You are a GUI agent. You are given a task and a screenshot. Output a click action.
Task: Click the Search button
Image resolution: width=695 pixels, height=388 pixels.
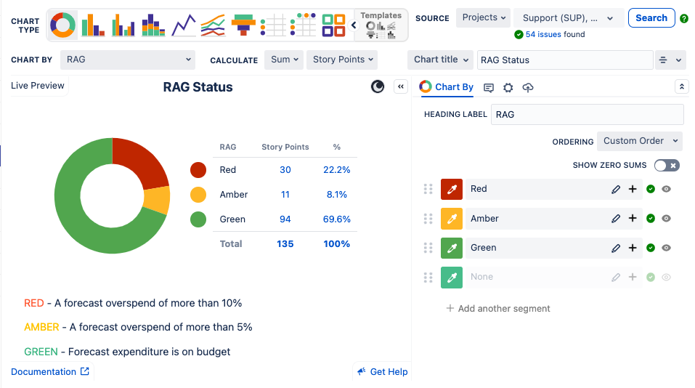click(x=651, y=18)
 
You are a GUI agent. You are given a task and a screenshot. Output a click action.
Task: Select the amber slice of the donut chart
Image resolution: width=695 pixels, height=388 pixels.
click(x=156, y=200)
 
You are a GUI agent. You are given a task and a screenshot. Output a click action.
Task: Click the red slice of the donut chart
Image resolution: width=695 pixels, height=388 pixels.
click(x=141, y=159)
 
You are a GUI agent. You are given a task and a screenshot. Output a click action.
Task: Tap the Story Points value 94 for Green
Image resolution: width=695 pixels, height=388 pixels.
click(x=285, y=219)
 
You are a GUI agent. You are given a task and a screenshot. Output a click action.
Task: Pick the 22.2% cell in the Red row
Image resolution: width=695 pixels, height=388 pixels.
click(x=337, y=170)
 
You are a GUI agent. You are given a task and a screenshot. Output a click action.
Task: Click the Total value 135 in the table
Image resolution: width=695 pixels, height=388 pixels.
click(x=285, y=244)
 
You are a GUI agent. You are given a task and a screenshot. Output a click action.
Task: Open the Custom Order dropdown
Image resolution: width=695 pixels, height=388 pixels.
click(x=639, y=141)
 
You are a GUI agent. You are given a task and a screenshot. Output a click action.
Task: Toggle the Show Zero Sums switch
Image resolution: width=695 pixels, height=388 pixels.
click(x=667, y=166)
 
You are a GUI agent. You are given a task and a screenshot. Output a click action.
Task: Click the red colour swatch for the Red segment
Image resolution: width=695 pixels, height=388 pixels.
click(x=452, y=189)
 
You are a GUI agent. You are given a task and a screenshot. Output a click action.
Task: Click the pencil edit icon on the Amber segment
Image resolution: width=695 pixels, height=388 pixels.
click(x=616, y=219)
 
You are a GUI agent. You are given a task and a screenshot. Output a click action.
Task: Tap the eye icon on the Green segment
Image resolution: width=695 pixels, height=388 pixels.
click(x=666, y=248)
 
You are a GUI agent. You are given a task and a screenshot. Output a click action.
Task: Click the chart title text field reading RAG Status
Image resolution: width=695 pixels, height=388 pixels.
click(x=564, y=60)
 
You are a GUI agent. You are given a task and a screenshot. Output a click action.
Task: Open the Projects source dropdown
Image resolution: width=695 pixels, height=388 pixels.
click(x=483, y=18)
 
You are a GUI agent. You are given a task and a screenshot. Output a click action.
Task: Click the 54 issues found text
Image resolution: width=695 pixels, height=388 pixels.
click(x=555, y=35)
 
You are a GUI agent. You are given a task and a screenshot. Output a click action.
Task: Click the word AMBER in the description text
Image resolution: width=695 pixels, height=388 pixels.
click(x=41, y=327)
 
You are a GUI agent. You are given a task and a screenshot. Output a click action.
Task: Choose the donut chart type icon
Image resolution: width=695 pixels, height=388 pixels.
click(x=62, y=25)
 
